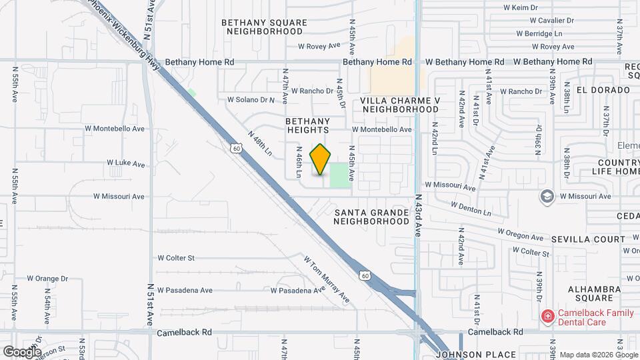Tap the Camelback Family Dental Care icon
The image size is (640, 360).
547,316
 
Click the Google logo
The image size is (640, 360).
22,351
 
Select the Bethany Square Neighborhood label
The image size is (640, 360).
265,27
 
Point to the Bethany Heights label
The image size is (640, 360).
308,125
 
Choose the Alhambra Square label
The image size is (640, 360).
595,295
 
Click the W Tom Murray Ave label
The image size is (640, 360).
327,278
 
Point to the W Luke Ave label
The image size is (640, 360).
126,163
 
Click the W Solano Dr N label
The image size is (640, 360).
251,100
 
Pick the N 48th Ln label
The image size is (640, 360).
260,143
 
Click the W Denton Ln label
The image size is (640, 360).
471,209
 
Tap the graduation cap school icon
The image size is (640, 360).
547,196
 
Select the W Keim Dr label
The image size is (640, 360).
521,7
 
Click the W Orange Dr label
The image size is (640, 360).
47,278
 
